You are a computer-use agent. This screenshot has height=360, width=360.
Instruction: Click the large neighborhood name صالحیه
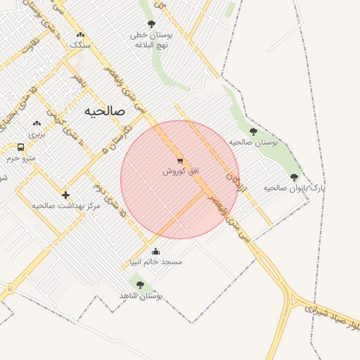(104, 111)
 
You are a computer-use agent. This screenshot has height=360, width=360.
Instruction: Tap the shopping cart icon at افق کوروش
(181, 160)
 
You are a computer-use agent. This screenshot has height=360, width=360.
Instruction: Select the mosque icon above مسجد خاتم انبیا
(155, 251)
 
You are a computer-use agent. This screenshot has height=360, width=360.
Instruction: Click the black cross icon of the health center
(65, 195)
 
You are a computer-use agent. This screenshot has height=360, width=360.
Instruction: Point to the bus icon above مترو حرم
(21, 148)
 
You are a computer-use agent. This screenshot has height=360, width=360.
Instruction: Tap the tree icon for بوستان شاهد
(140, 285)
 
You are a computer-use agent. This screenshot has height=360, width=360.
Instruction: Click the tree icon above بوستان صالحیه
(253, 131)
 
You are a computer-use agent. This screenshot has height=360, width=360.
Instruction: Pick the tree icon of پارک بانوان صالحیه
(294, 177)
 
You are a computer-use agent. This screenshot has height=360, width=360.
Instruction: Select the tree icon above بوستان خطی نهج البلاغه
(151, 24)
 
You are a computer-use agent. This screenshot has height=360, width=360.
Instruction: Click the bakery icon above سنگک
(80, 34)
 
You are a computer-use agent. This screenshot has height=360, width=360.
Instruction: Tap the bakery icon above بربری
(37, 123)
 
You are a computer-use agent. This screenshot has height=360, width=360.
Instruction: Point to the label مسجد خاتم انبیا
(155, 262)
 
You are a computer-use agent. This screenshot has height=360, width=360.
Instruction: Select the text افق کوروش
(181, 171)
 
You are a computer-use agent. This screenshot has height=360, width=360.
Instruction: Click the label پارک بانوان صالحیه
(295, 188)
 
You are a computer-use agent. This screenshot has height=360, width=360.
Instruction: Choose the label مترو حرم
(21, 158)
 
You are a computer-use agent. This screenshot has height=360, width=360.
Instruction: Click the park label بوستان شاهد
(141, 296)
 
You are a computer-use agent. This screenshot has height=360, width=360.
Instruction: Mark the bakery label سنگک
(80, 44)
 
